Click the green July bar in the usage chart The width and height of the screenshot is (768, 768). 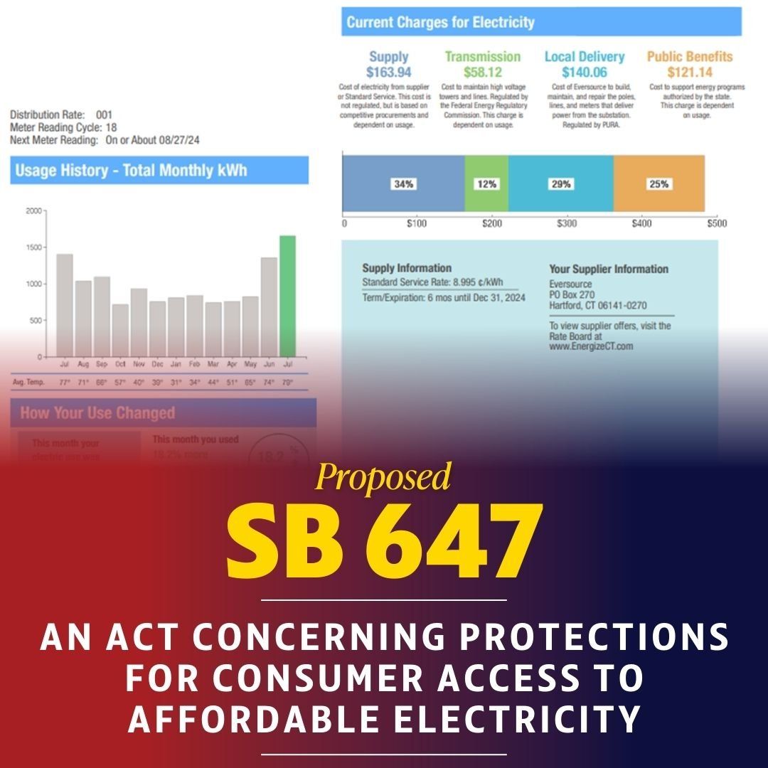point(287,296)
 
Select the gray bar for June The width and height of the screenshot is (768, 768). point(269,306)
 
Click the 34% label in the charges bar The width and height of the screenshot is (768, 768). point(404,184)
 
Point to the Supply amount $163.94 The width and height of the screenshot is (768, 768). point(388,73)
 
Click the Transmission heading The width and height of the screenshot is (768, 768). point(482,57)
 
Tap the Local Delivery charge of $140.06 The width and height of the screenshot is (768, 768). point(584,73)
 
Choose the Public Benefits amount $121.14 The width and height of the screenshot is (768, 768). point(689,73)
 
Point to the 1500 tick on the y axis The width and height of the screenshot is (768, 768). point(33,247)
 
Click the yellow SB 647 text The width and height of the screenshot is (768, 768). point(384,543)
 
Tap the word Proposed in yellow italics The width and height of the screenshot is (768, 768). point(383,477)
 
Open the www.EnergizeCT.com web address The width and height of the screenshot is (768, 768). point(590,346)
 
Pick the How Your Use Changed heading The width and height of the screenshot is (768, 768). point(97,413)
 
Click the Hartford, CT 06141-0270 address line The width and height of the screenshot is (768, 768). point(597,306)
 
